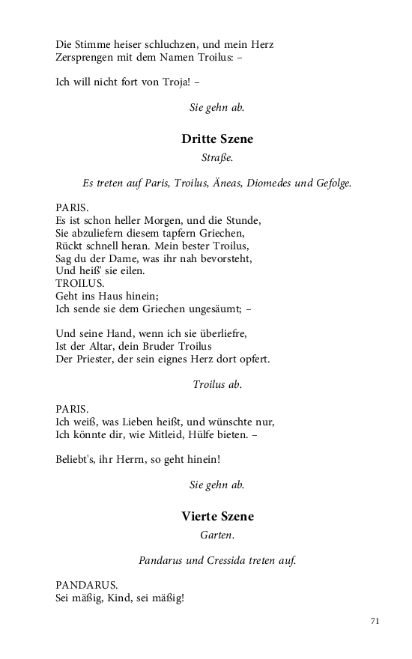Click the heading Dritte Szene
point(217,139)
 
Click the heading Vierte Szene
point(217,516)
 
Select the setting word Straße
point(217,157)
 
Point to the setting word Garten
point(217,535)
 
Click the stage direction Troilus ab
point(217,384)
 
